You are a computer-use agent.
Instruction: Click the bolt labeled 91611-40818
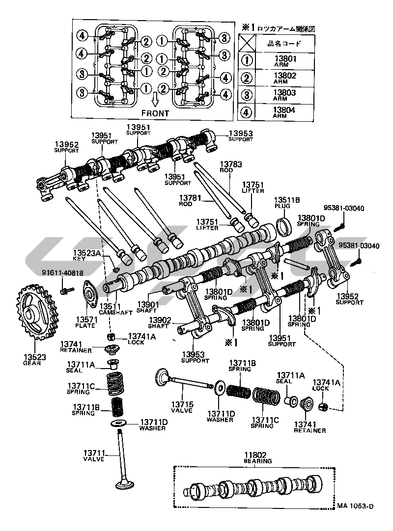pyautogui.click(x=63, y=291)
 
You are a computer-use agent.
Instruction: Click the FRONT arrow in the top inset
pyautogui.click(x=155, y=101)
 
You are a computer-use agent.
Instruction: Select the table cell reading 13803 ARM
pyautogui.click(x=284, y=95)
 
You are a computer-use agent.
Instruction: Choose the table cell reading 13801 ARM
pyautogui.click(x=284, y=61)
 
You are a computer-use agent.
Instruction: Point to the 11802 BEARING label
pyautogui.click(x=257, y=458)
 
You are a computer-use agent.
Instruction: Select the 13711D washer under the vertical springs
pyautogui.click(x=118, y=424)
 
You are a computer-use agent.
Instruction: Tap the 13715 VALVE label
pyautogui.click(x=182, y=407)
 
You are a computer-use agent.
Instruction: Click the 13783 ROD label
pyautogui.click(x=230, y=166)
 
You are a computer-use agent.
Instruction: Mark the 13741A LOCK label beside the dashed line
pyautogui.click(x=142, y=339)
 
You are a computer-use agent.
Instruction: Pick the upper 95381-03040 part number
pyautogui.click(x=344, y=208)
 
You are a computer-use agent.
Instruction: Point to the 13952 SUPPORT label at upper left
pyautogui.click(x=67, y=147)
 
